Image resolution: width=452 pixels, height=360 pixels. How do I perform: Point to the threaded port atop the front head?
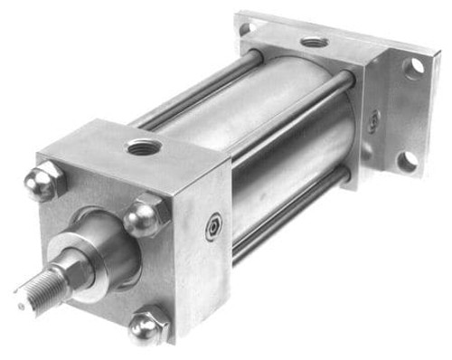click(144, 145)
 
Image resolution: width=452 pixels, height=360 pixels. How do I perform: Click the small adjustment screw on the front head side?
click(212, 227)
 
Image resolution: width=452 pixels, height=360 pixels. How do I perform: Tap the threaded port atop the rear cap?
click(314, 42)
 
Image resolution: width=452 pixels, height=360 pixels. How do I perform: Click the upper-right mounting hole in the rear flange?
click(415, 67)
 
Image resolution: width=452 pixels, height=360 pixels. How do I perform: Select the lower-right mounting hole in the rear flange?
click(408, 161)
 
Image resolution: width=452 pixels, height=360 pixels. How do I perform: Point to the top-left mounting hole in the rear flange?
click(247, 27)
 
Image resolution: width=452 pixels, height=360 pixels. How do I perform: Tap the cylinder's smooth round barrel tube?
click(271, 136)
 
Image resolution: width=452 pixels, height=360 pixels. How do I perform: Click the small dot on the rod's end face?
click(19, 305)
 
